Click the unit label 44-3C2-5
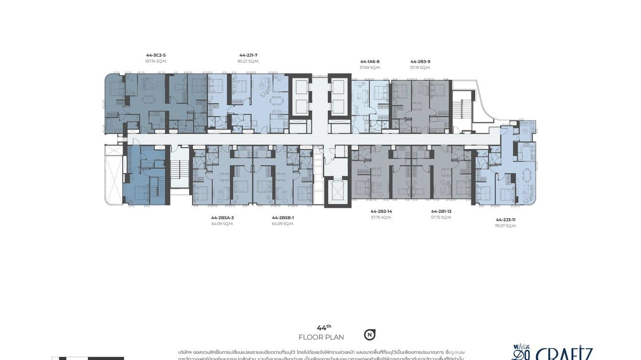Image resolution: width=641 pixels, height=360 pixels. [156, 55]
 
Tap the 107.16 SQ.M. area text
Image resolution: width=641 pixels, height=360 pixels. [156, 62]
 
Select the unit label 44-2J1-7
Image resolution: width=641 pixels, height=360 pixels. [248, 55]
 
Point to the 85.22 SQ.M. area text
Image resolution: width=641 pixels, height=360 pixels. [248, 62]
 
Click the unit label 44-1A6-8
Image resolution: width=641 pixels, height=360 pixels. [370, 62]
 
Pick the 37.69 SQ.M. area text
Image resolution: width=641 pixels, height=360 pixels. [370, 68]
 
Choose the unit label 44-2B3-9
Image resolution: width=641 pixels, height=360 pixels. [420, 62]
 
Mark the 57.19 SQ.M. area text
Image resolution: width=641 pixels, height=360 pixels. [420, 68]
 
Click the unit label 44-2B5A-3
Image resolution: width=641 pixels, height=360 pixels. [223, 218]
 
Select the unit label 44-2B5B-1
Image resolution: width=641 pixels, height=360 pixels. [283, 218]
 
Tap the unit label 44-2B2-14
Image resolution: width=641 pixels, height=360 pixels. [381, 211]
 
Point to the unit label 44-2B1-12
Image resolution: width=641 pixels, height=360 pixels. [441, 211]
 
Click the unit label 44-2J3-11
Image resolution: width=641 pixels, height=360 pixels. [505, 220]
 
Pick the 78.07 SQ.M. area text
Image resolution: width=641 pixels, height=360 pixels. [505, 226]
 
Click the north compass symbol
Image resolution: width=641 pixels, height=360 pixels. [369, 335]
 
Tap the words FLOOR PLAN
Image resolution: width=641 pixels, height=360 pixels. [321, 338]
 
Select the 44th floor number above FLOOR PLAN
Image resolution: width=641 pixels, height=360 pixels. [324, 328]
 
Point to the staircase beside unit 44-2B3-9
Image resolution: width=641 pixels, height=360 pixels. [458, 109]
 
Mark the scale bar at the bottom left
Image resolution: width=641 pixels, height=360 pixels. [88, 358]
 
